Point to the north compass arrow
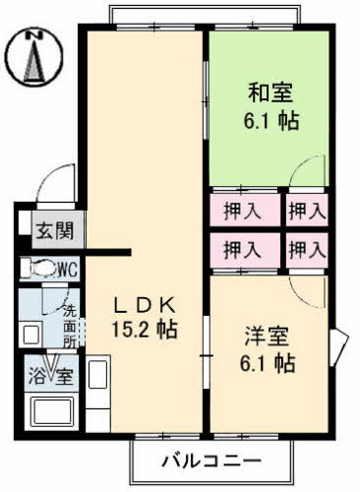(35, 61)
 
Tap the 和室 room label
(270, 96)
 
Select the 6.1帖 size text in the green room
(270, 124)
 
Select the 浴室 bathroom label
(50, 375)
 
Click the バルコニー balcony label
(212, 461)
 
